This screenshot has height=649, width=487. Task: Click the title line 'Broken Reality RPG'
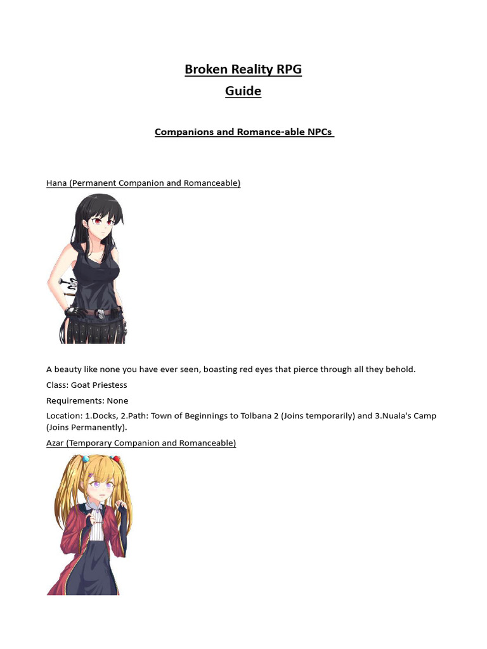243,69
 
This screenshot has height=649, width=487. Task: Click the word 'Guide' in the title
243,91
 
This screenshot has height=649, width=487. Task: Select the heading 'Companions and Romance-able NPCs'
243,132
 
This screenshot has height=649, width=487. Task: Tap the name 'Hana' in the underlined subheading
56,183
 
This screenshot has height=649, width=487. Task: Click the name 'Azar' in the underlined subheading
56,443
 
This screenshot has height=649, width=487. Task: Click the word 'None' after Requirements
117,401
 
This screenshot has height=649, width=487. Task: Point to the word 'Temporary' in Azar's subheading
90,443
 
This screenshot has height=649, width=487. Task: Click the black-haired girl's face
101,222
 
